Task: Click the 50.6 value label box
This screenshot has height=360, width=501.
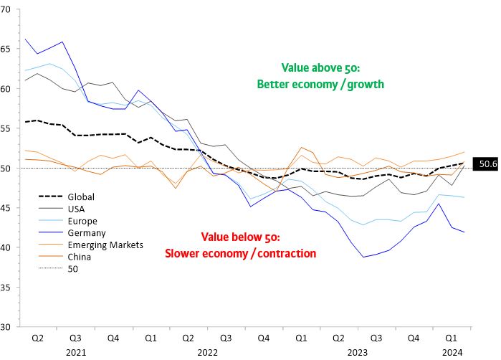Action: pyautogui.click(x=487, y=164)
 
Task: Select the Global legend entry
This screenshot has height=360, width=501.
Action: pyautogui.click(x=79, y=196)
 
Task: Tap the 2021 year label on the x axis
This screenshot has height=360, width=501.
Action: pyautogui.click(x=76, y=352)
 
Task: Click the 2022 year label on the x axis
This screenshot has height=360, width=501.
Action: pyautogui.click(x=206, y=352)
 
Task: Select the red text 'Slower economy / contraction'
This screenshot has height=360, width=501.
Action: pyautogui.click(x=240, y=253)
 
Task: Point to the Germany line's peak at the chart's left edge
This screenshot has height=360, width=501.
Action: pyautogui.click(x=26, y=39)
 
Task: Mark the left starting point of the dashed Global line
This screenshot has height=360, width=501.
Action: pyautogui.click(x=26, y=122)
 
